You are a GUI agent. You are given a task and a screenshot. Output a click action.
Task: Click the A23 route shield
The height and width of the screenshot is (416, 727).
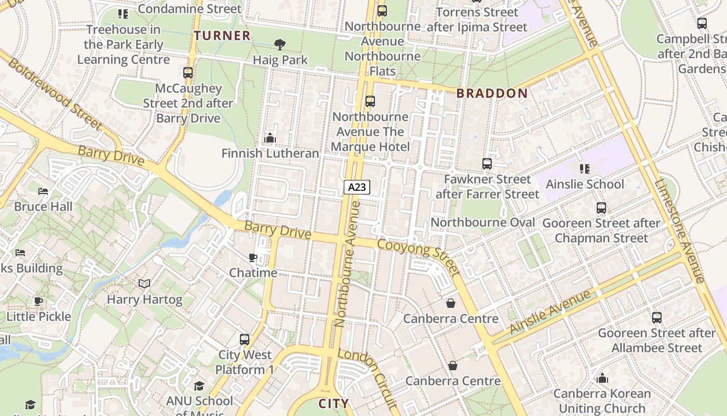tap(357, 187)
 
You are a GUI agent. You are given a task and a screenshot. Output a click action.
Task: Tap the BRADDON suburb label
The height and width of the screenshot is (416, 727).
tap(492, 94)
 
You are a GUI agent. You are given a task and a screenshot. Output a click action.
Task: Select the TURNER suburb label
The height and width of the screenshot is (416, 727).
tap(222, 35)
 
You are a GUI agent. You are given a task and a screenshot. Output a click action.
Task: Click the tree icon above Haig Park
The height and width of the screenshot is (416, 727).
tap(280, 45)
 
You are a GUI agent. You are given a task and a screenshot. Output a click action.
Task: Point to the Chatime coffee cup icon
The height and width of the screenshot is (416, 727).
tap(253, 257)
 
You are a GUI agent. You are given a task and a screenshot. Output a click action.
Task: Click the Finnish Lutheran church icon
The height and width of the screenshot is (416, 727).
tap(270, 138)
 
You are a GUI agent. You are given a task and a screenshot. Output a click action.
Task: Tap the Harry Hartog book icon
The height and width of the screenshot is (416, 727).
tap(144, 284)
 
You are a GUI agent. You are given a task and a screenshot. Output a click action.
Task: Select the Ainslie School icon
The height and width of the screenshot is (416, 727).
tap(585, 168)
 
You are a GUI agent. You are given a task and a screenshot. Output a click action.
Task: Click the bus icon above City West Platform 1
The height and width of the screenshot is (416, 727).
tap(245, 340)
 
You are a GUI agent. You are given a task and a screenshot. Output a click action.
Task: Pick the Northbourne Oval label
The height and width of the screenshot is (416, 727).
tap(483, 223)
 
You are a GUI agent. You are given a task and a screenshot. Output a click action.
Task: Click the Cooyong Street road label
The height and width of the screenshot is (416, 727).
tap(419, 257)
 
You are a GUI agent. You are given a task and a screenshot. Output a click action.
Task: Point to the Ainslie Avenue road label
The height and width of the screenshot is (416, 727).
tap(550, 312)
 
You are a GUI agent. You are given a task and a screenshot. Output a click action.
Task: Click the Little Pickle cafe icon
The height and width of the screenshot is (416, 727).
tap(38, 301)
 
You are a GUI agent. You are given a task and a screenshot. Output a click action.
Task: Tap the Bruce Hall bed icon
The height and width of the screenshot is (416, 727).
tap(44, 191)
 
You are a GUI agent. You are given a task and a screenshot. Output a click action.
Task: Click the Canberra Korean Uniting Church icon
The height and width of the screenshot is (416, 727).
tap(602, 378)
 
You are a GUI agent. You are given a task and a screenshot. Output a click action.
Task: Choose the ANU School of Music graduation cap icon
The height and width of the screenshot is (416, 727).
tap(199, 386)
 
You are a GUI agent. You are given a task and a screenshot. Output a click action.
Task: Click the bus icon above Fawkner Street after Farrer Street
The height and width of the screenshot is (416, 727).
tap(487, 164)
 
